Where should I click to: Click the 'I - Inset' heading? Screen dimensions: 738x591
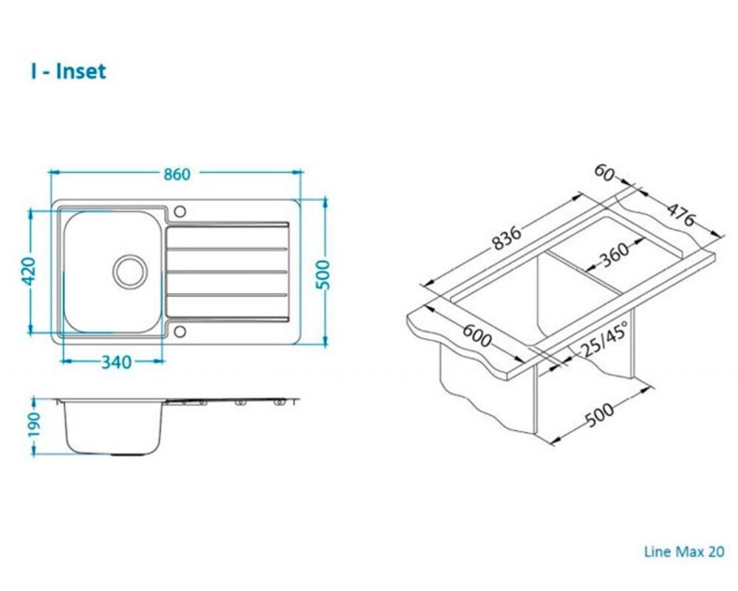[68, 72]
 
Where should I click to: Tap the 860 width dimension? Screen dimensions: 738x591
[177, 174]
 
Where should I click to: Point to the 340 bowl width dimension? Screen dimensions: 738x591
[116, 362]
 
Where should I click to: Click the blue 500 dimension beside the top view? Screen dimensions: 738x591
[324, 275]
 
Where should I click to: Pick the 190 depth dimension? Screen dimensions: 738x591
[35, 425]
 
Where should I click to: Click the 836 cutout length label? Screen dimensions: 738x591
[507, 238]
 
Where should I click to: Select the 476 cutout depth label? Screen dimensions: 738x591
[680, 214]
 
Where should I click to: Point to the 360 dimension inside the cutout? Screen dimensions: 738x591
[615, 255]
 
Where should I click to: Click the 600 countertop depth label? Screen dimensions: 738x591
[477, 335]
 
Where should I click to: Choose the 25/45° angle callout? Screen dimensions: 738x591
[604, 340]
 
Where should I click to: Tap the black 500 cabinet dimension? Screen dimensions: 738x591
[600, 414]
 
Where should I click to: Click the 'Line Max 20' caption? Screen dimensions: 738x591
[684, 551]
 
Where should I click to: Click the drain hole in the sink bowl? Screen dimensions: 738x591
[130, 272]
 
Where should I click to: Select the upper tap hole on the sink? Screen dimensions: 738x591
[180, 211]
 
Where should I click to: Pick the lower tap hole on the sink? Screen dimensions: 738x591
[180, 331]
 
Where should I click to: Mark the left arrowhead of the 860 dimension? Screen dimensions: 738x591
[52, 173]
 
